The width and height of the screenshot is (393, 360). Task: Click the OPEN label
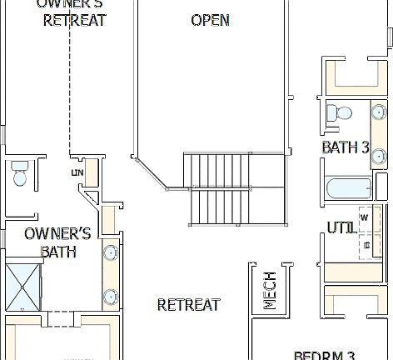click(x=211, y=20)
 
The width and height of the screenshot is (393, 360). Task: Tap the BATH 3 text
click(x=346, y=147)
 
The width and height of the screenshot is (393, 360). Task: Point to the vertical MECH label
click(x=270, y=291)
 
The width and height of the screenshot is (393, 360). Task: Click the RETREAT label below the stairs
click(x=189, y=305)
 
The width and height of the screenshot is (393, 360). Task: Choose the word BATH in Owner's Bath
click(x=59, y=251)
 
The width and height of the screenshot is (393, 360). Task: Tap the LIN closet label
click(x=78, y=172)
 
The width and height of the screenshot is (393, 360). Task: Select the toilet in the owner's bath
click(x=21, y=173)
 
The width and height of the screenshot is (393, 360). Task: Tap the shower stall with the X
click(x=24, y=286)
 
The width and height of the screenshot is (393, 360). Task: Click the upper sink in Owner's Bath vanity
click(x=110, y=253)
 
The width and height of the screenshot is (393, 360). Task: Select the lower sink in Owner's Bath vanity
click(x=110, y=296)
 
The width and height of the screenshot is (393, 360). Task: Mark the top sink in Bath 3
click(x=378, y=112)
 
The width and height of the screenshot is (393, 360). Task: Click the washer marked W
click(x=365, y=217)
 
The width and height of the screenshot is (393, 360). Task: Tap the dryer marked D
click(x=366, y=244)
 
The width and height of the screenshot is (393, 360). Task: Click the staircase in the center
click(x=218, y=188)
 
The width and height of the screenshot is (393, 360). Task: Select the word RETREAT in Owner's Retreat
click(x=75, y=21)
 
